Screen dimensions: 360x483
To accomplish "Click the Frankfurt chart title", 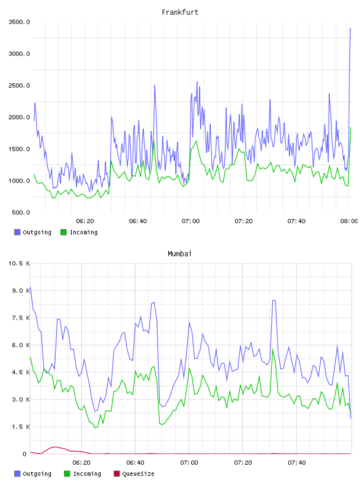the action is tap(180, 12).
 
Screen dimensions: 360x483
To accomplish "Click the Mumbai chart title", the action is tap(179, 254).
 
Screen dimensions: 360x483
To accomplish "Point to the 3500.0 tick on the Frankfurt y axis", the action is tap(20, 22).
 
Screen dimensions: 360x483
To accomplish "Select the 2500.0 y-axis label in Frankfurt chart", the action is tap(20, 85).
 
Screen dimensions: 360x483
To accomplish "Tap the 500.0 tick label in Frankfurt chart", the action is tap(21, 212).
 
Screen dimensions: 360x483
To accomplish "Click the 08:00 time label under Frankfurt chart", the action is tap(349, 221).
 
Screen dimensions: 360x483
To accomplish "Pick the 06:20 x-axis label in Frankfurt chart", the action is tap(85, 221).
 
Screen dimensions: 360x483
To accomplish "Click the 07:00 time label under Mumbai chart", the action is tap(189, 463).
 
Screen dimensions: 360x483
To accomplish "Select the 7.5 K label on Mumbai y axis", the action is tap(21, 318).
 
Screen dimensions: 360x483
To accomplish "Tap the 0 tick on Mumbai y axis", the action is tap(25, 454).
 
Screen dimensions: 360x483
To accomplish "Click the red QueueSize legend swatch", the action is tap(117, 474).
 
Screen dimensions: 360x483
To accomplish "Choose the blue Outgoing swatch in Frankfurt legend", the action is tap(17, 232).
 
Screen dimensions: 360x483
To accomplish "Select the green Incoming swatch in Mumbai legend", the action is tap(67, 474).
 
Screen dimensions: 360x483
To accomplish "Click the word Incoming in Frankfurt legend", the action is tap(84, 233).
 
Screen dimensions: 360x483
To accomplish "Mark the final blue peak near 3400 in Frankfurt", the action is tap(351, 28).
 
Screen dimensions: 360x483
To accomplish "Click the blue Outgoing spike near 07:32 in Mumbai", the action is tap(274, 301).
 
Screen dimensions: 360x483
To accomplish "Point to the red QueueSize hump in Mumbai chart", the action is tap(55, 447).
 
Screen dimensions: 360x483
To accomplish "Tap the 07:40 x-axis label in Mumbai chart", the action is tap(297, 463).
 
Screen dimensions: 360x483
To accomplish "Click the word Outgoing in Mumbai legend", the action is tap(37, 474).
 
